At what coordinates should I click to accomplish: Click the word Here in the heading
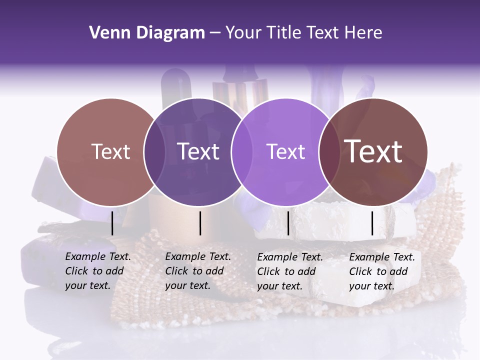coord(364,33)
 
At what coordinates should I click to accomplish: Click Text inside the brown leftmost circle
coord(110,151)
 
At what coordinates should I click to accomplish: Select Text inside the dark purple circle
coord(198,151)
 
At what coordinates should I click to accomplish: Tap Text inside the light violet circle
coord(286,151)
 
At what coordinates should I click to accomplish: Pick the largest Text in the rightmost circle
coord(373,151)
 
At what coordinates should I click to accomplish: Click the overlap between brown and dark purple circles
coord(154,152)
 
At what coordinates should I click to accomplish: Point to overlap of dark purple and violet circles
coord(242,152)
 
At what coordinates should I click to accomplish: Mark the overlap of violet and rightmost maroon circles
coord(329,152)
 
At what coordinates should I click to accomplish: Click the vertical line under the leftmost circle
coord(112,223)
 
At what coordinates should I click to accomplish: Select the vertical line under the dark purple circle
coord(200,223)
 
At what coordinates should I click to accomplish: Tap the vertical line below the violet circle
coord(288,223)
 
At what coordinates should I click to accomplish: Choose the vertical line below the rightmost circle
coord(372,223)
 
